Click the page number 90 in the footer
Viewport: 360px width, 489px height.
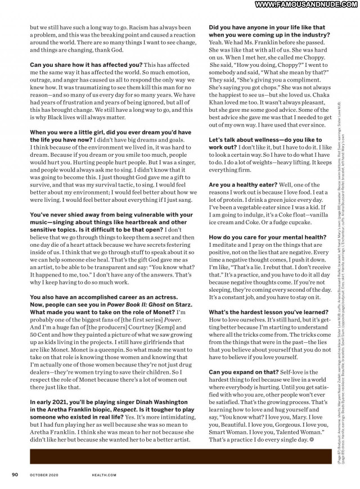[15, 474]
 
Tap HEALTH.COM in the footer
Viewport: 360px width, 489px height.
[104, 474]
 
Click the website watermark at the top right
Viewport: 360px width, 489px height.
[307, 5]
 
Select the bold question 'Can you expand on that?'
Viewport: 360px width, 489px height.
[244, 372]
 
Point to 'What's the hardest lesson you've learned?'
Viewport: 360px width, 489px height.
[268, 312]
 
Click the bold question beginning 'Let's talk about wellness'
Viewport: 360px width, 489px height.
[266, 139]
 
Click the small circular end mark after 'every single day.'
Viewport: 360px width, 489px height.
[312, 440]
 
